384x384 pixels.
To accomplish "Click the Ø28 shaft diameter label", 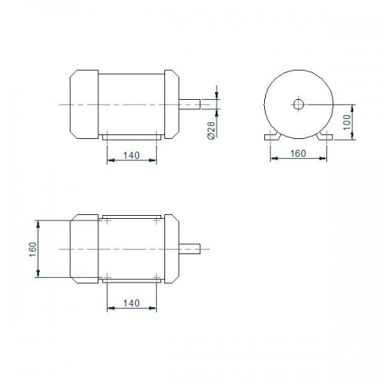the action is [x=211, y=130].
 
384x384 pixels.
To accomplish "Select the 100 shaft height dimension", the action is [x=347, y=122].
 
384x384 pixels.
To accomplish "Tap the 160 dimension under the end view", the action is [x=298, y=154].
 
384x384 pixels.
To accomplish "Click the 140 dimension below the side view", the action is [x=131, y=155].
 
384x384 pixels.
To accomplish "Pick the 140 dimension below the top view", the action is [x=131, y=303].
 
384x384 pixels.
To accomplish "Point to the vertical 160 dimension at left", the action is [x=33, y=250].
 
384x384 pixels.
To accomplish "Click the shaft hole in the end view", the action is [x=298, y=104].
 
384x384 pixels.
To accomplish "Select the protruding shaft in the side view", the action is [x=190, y=104].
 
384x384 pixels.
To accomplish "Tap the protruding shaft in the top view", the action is [x=190, y=249].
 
